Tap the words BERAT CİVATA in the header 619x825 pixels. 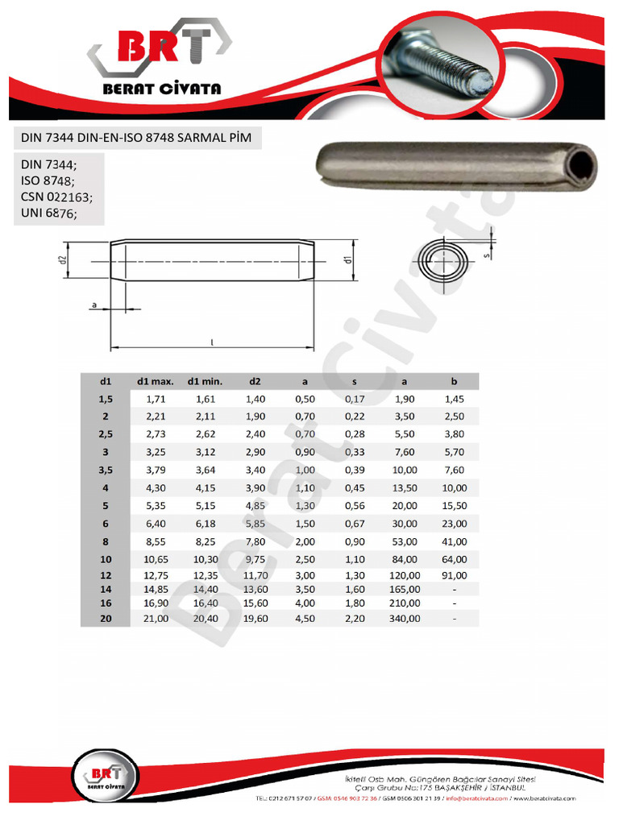click(x=161, y=89)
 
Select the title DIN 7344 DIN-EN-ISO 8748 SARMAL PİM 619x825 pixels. click(x=135, y=138)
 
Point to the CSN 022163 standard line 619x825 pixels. click(x=57, y=197)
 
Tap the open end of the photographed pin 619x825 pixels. click(x=583, y=168)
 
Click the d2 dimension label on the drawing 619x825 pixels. click(x=62, y=260)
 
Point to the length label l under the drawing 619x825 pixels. click(x=211, y=342)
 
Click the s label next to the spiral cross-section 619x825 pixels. click(x=486, y=255)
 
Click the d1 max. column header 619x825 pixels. click(x=156, y=381)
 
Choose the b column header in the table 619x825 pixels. click(x=455, y=381)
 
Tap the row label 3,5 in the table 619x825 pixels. click(x=105, y=470)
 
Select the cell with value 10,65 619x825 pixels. click(x=156, y=559)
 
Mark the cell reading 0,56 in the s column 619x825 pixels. click(x=355, y=505)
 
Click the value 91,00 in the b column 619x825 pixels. click(x=455, y=575)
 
